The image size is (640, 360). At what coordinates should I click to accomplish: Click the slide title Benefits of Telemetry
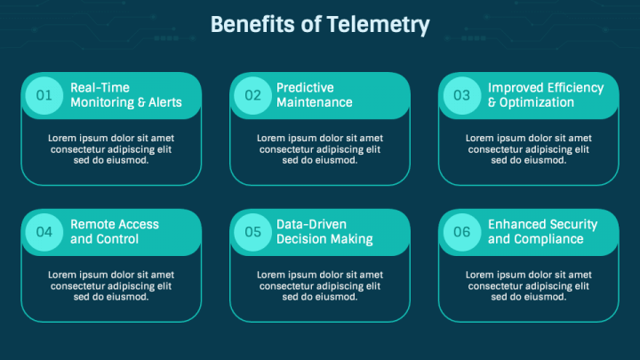click(320, 25)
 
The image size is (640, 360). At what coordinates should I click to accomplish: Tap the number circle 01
click(44, 95)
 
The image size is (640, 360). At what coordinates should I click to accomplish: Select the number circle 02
click(252, 95)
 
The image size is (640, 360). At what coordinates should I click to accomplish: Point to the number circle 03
click(462, 95)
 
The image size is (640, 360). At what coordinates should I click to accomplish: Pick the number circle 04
click(44, 232)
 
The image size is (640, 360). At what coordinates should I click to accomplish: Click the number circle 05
click(252, 232)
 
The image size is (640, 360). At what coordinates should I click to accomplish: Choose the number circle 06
click(462, 232)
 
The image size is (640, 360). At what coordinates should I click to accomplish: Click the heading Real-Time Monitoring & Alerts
click(126, 95)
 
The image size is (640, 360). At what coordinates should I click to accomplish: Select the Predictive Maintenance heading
click(315, 95)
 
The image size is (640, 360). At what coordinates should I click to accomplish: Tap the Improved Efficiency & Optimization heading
click(546, 95)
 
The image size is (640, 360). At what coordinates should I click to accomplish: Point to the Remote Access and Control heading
click(115, 232)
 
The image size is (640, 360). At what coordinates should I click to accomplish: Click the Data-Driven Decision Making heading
click(324, 232)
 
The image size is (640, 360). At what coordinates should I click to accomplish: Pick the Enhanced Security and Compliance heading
click(542, 232)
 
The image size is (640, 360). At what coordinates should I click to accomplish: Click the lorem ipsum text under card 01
click(111, 149)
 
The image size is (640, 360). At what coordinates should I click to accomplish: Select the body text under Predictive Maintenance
click(320, 149)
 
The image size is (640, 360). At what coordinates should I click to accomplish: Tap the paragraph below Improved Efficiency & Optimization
click(529, 149)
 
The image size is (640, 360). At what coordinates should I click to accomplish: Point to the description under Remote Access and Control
click(111, 286)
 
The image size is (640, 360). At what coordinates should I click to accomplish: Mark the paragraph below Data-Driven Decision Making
click(320, 286)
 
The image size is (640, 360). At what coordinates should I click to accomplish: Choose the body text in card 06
click(529, 286)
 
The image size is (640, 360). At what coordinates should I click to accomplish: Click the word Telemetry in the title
click(378, 25)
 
